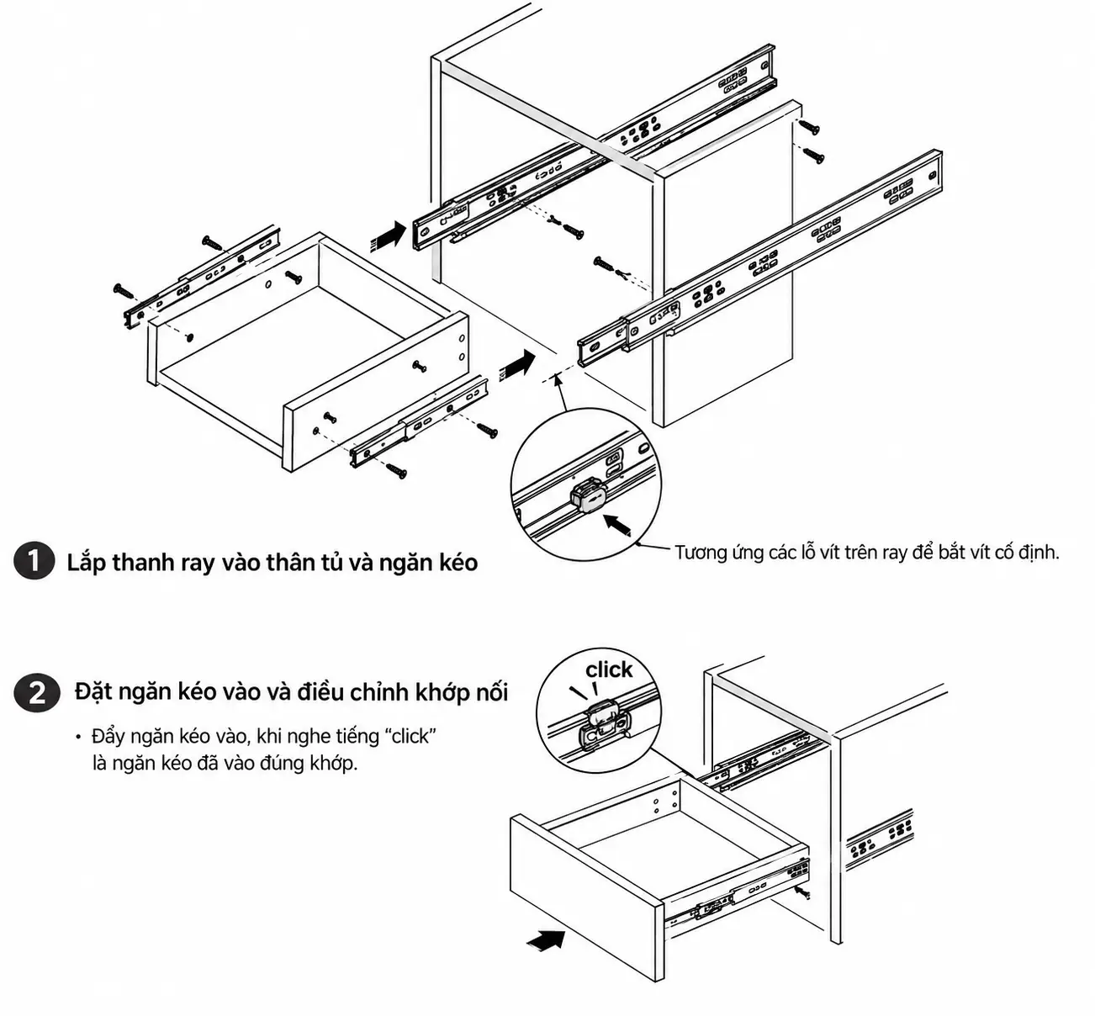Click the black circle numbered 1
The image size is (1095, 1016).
34,562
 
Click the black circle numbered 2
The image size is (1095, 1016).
36,692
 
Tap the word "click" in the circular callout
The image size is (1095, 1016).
609,669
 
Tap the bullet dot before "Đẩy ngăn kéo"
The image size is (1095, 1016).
78,738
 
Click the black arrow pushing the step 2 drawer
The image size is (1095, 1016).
546,939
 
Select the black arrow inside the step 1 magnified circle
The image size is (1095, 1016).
617,524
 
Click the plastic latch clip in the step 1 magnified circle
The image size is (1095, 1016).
589,495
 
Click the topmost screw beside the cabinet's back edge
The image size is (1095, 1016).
808,126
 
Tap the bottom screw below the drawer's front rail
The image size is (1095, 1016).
396,470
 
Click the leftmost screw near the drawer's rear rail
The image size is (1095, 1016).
124,291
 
